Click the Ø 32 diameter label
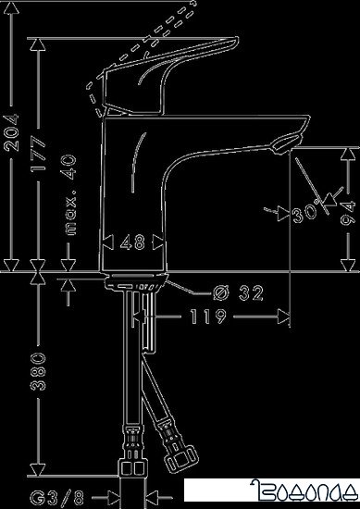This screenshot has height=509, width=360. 238,294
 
